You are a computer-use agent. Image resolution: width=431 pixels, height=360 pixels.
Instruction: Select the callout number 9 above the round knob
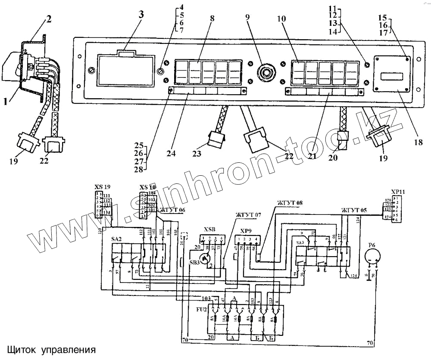247,18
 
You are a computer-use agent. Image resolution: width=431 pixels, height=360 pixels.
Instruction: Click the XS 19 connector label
103,187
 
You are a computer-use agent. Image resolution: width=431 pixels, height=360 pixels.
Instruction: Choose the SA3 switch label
300,243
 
